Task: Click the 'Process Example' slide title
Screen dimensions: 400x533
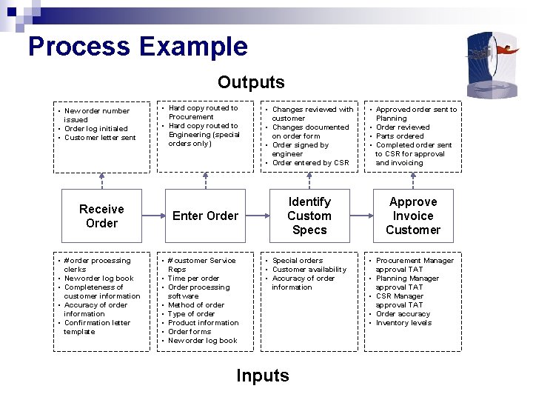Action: coord(138,47)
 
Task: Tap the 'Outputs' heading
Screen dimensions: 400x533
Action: coord(251,82)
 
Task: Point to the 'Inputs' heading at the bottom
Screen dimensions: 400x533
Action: coord(263,376)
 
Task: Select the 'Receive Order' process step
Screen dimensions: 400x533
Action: coord(101,216)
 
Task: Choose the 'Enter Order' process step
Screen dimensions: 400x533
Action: coord(205,216)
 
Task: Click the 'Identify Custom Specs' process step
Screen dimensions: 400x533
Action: coord(309,216)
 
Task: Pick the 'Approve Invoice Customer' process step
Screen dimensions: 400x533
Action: coord(413,216)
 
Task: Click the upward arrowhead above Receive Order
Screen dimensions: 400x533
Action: coord(101,176)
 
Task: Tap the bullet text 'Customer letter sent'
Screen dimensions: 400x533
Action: coord(100,138)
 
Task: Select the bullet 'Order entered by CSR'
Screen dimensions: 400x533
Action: coord(310,163)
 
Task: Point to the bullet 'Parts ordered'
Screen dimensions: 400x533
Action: coord(400,136)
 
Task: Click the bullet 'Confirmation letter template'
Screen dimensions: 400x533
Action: coord(96,327)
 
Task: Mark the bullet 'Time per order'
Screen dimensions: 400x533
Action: coord(193,279)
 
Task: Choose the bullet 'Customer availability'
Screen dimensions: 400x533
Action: coord(309,270)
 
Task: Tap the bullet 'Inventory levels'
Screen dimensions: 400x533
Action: coord(403,323)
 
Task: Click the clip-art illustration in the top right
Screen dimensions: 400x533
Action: coord(492,56)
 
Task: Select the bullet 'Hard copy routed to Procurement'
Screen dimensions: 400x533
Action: coord(202,113)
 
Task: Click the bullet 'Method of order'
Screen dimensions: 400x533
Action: coord(196,305)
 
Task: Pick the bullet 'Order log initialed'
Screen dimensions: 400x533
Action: coord(95,129)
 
